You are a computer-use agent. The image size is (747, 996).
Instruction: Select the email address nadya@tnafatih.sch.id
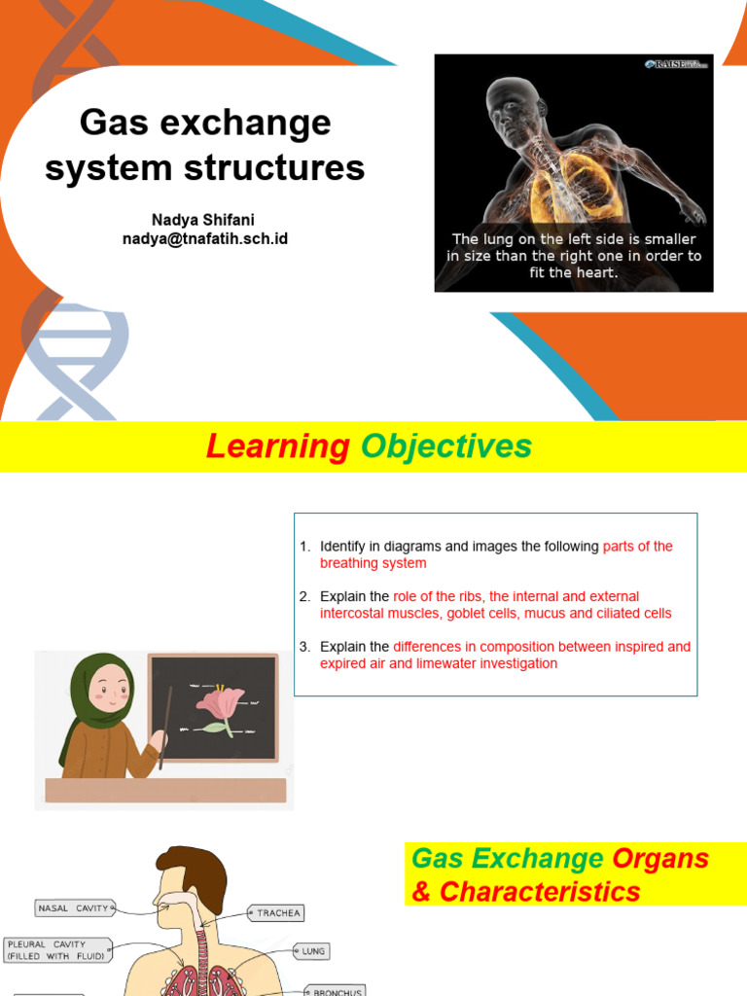click(x=205, y=239)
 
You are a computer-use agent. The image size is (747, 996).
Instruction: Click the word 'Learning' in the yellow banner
click(x=278, y=446)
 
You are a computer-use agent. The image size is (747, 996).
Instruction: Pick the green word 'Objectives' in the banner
click(x=446, y=446)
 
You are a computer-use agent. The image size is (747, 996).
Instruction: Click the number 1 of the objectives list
click(x=304, y=547)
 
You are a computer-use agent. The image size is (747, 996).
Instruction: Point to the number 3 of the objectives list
click(x=304, y=646)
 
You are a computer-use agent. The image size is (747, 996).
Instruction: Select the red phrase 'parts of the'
click(x=637, y=547)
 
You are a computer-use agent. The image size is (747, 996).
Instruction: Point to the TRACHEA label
click(x=279, y=913)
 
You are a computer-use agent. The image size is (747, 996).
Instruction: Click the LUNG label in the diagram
click(x=314, y=951)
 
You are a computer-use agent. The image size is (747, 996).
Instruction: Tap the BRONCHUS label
click(x=337, y=991)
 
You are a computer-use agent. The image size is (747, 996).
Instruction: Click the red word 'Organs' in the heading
click(x=660, y=859)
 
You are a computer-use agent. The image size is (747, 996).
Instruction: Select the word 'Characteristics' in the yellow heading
click(x=540, y=891)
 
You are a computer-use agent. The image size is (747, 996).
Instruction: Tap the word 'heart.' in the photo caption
click(x=594, y=273)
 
